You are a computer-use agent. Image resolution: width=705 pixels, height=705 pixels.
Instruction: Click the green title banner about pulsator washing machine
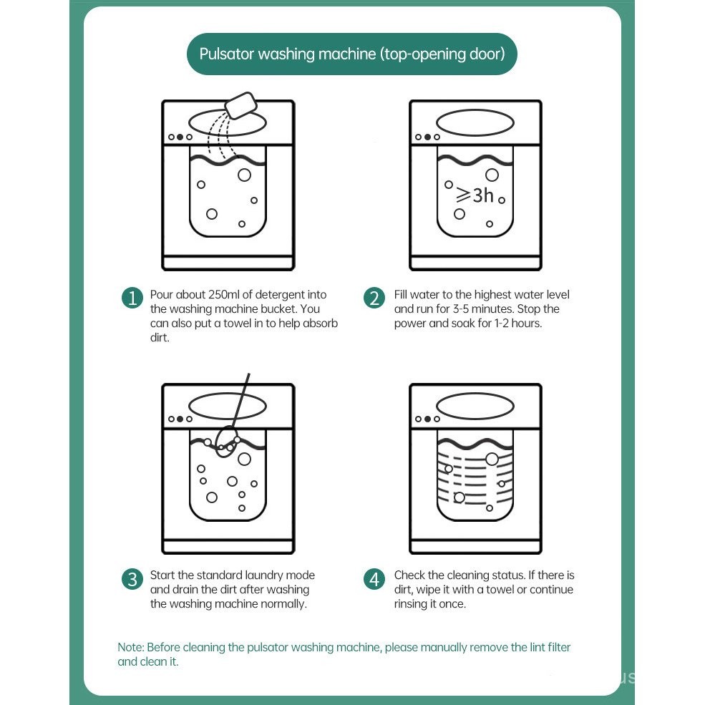tap(351, 54)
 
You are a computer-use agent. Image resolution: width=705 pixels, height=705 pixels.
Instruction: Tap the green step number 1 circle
tap(132, 298)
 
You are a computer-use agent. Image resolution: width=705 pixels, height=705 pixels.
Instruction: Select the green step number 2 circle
tap(375, 298)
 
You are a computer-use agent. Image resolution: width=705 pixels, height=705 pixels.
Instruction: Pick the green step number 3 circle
tap(132, 578)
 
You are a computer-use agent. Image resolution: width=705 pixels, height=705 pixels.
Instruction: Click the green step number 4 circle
tap(375, 578)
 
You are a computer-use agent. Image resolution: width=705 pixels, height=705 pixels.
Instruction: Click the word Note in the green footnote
tap(130, 647)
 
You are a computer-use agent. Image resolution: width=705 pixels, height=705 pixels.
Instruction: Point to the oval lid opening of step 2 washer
tap(475, 122)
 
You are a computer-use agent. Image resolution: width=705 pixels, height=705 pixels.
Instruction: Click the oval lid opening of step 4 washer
tap(475, 405)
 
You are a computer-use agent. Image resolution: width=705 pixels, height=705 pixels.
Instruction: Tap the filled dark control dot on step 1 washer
tap(180, 137)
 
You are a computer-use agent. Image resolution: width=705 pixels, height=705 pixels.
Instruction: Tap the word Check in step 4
tap(409, 575)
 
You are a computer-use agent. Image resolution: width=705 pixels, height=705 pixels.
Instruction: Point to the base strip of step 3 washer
tap(228, 547)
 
